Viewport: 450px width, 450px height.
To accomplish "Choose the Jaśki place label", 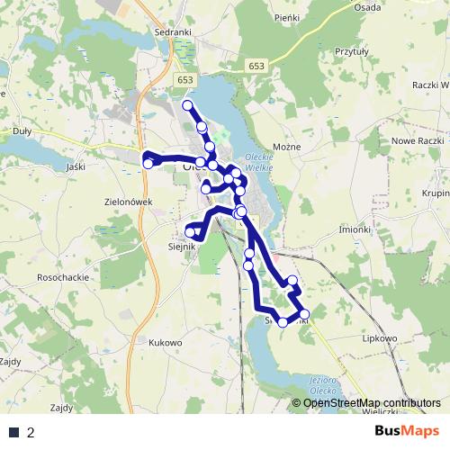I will (x=76, y=166).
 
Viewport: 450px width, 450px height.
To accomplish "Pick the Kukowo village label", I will (x=166, y=343).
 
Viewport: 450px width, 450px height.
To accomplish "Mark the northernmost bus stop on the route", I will (x=188, y=106).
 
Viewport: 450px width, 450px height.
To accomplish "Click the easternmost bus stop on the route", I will (x=304, y=312).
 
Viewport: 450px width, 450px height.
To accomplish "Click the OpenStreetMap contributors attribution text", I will (x=372, y=404).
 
